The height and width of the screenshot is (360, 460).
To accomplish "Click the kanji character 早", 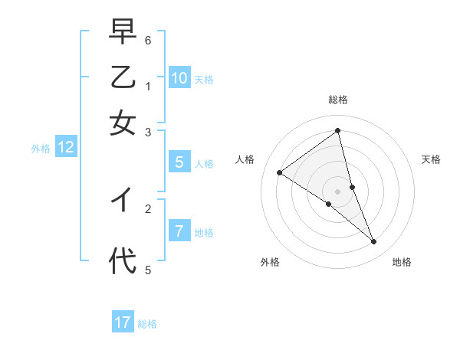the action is click(123, 34).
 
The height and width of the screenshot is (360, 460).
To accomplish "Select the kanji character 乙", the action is click(123, 78).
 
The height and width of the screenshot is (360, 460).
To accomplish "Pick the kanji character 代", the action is click(123, 260).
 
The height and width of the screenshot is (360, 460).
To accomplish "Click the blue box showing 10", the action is click(179, 78).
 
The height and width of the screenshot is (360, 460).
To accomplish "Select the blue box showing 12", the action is click(66, 148).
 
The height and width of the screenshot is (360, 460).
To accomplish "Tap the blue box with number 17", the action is click(123, 322).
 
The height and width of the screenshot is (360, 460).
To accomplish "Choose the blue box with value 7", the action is click(179, 231).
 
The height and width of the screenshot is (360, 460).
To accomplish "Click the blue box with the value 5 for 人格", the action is click(179, 162).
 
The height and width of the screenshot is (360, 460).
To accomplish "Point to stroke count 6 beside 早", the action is click(148, 40).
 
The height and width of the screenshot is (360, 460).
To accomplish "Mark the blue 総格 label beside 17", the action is click(147, 324).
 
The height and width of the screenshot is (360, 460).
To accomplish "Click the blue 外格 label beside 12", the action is click(40, 149).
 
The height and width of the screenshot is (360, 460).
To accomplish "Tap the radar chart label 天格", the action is click(431, 159).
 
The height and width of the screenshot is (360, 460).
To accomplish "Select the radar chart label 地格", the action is click(402, 262).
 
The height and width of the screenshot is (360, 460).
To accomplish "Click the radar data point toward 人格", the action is click(280, 173).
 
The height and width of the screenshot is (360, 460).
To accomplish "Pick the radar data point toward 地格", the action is click(374, 242).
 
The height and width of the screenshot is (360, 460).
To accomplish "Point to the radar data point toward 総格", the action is click(338, 131).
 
